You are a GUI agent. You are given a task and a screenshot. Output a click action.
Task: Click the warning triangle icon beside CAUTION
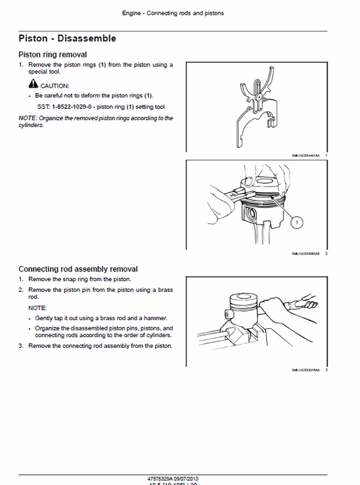pos(33,85)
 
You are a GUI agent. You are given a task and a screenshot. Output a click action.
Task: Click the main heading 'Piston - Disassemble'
pos(67,39)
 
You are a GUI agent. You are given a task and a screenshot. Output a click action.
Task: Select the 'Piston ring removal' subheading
pos(52,54)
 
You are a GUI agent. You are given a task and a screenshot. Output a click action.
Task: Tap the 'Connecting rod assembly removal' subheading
pos(78,269)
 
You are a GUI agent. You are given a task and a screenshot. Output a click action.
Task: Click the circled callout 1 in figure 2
pos(297,220)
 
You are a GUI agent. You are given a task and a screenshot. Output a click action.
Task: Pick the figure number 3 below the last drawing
pos(326,370)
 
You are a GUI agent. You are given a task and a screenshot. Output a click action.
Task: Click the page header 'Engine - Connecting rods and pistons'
pos(173,13)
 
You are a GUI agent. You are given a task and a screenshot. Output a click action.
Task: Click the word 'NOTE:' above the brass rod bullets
pos(37,307)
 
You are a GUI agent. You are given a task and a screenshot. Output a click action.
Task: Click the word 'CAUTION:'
pos(55,86)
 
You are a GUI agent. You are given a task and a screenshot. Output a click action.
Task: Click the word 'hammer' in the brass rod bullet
pos(157,318)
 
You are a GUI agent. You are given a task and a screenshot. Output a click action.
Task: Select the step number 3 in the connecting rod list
pos(21,347)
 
